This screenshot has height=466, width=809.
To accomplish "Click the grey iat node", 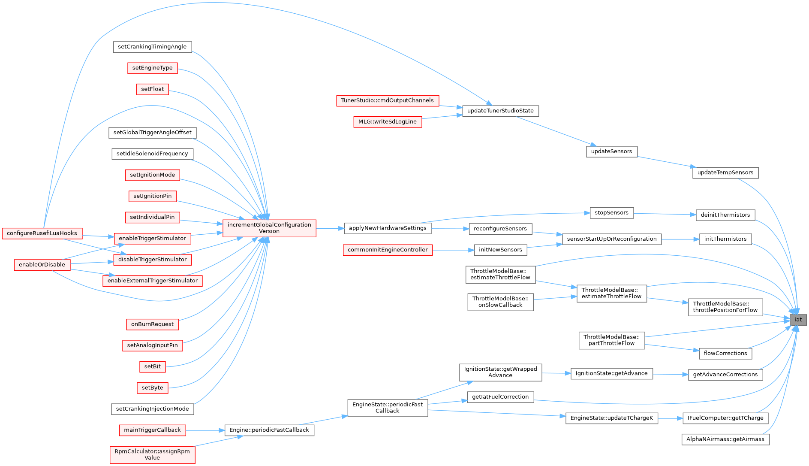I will pos(798,320).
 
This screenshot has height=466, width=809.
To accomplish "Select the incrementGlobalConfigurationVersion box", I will pos(269,228).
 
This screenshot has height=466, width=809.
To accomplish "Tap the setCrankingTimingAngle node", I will pos(152,47).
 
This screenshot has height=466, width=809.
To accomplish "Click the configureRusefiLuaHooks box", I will pos(42,233).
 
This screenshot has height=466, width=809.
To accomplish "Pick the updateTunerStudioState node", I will pos(500,111).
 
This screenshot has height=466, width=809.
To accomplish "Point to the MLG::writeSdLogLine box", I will pos(388,122).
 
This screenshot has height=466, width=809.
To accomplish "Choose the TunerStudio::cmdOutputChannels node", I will pos(388,101).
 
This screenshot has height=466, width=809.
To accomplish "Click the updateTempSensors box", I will pos(725,173).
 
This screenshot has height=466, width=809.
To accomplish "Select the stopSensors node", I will pos(611,213).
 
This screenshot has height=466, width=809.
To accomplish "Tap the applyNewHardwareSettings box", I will pos(388,228).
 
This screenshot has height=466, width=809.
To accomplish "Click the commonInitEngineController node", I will pos(388,250).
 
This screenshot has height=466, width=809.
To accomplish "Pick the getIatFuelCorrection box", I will pos(500,397).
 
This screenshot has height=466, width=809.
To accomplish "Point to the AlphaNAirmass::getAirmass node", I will pos(725,439).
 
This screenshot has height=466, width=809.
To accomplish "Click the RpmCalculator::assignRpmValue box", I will pos(152,454).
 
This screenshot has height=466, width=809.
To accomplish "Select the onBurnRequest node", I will pos(152,324).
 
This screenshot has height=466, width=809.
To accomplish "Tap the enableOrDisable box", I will pos(42,265).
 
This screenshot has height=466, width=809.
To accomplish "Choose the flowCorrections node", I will pos(725,354).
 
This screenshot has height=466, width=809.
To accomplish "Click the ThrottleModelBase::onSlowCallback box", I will pos(500,302).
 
